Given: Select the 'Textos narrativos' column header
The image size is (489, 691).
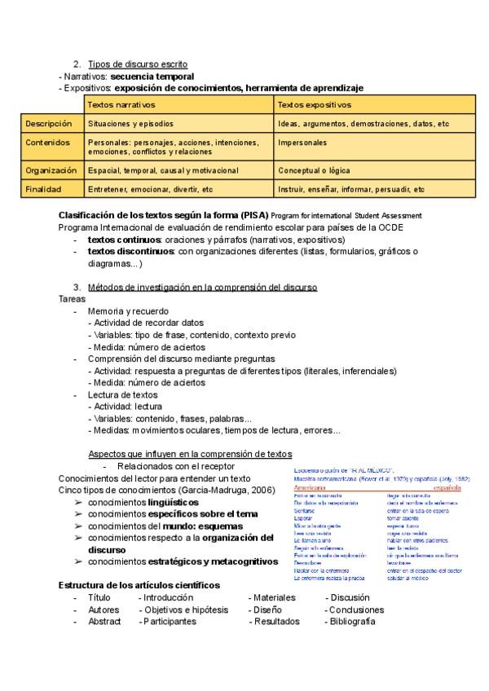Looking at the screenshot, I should (121, 105).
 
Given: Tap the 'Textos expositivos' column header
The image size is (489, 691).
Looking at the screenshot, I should (314, 105).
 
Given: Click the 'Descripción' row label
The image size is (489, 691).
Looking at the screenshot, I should (49, 124).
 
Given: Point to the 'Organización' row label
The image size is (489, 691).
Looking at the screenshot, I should (51, 170).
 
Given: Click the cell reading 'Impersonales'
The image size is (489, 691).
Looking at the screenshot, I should (302, 143).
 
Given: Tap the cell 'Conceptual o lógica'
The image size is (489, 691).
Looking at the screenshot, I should (315, 170).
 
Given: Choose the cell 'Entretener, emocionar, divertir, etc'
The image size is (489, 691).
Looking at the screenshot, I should (150, 189).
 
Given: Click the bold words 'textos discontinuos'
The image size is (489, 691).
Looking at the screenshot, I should (130, 252).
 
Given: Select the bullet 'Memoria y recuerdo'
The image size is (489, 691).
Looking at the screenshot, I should (128, 310).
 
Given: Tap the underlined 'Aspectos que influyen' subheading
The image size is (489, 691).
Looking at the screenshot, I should (190, 454).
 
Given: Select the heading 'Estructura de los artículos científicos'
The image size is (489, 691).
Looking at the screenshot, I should (139, 586).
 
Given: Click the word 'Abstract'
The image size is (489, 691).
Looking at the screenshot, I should (104, 621).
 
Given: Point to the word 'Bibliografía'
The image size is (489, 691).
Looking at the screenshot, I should (352, 621).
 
